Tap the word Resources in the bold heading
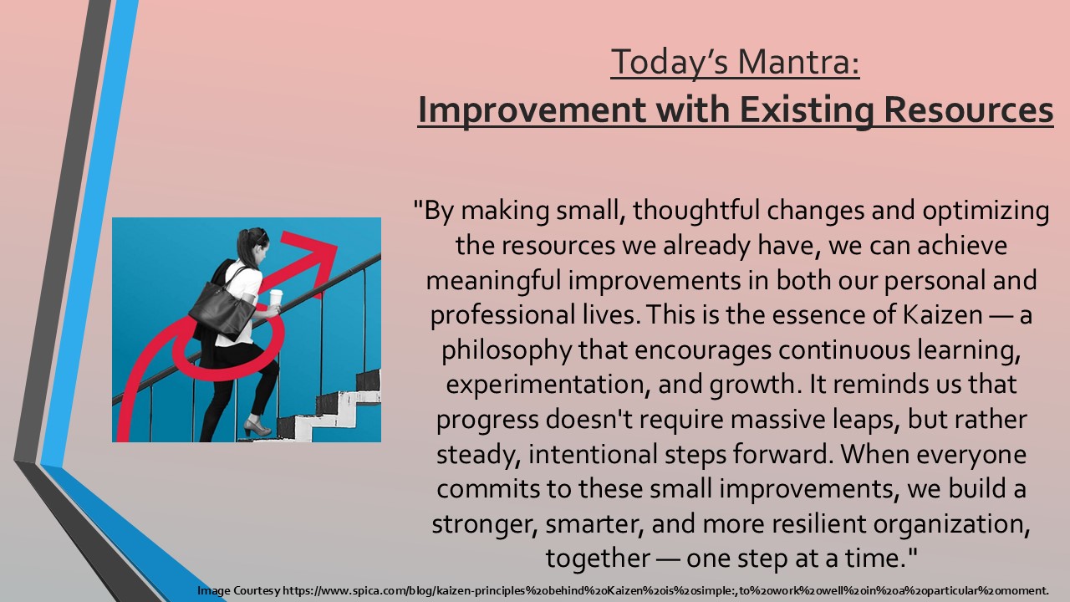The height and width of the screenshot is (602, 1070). (968, 110)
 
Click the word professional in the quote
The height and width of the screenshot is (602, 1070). (502, 316)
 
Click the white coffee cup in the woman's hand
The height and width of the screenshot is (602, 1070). (276, 298)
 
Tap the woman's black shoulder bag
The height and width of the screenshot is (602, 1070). (222, 309)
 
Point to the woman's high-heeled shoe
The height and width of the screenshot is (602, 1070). (257, 426)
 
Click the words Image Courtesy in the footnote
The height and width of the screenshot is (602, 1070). (239, 591)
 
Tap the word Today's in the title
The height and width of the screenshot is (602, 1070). (670, 63)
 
